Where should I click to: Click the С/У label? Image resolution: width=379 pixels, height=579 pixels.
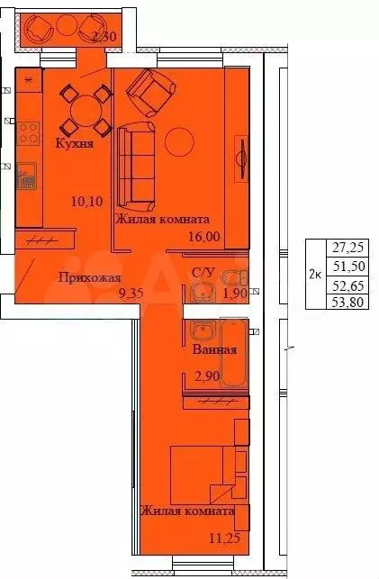click(203, 273)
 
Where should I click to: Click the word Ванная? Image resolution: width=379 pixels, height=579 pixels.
click(214, 349)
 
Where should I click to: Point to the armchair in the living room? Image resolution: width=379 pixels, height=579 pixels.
click(152, 89)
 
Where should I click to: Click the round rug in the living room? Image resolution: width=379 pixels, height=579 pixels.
click(181, 141)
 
